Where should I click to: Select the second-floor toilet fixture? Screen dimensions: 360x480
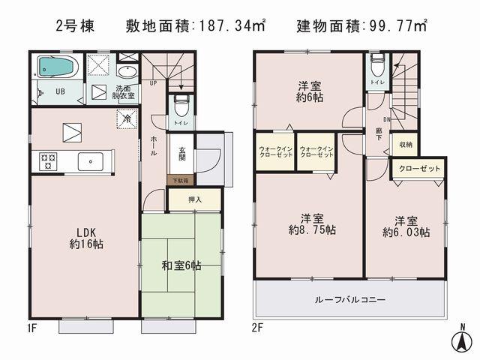376,69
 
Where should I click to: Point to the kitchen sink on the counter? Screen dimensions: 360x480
92,159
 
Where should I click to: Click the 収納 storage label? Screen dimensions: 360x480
405,144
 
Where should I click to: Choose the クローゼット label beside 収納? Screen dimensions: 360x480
418,169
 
